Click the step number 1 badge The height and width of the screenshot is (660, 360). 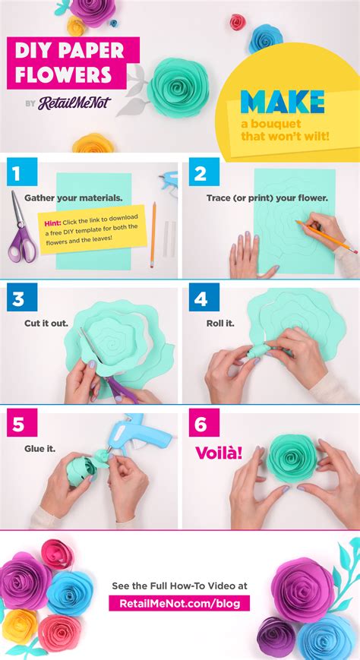tap(15, 174)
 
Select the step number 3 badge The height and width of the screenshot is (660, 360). tap(15, 298)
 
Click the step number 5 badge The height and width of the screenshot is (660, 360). tap(15, 423)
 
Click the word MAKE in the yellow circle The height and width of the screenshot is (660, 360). tap(282, 102)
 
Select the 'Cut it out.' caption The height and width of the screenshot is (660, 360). tap(46, 323)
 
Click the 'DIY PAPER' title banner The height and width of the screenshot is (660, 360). tap(65, 52)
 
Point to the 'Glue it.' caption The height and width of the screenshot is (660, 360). tap(41, 447)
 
